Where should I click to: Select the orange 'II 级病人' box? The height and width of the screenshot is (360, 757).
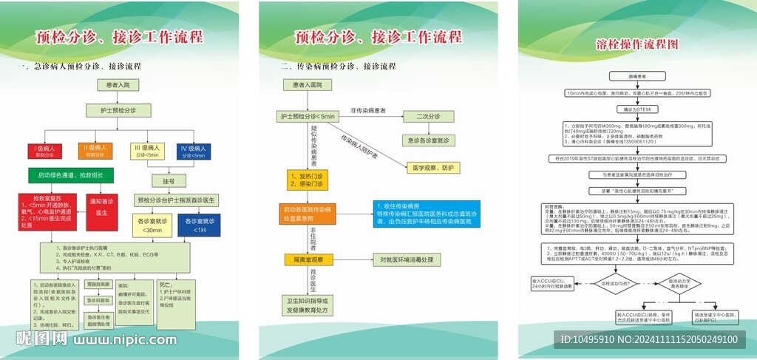click(x=95, y=152)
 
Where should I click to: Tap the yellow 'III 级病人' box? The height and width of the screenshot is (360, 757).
click(x=147, y=152)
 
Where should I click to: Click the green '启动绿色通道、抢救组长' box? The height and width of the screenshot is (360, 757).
click(x=66, y=175)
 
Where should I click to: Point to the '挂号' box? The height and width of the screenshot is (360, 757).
click(x=168, y=181)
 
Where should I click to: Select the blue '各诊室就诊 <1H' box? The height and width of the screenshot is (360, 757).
click(x=199, y=225)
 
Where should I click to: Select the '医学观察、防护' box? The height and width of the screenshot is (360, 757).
click(x=439, y=167)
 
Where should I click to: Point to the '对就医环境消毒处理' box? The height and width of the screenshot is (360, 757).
click(x=416, y=259)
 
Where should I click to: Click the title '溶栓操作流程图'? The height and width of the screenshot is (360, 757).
click(x=637, y=44)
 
